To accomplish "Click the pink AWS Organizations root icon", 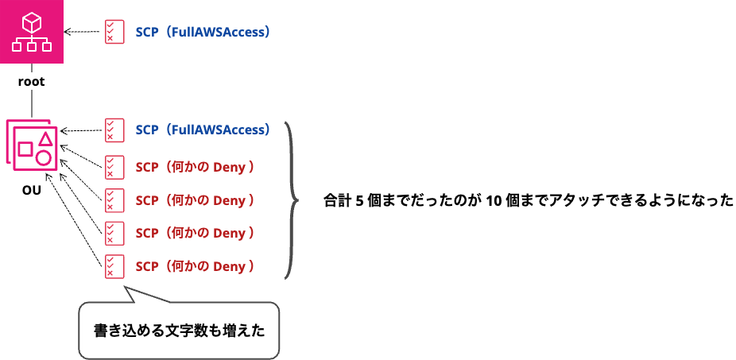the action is point(32,32).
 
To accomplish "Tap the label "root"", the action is point(32,82).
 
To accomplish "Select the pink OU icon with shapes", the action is point(33,145).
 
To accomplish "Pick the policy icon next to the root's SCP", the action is point(114,32).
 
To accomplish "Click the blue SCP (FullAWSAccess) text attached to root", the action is point(203,32).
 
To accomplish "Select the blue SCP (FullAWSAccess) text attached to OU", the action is point(203,130).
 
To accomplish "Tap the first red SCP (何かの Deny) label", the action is point(195,167).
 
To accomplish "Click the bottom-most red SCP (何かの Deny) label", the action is point(195,266).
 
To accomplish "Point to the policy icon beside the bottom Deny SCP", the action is point(114,266).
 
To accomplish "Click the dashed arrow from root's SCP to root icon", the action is point(82,32).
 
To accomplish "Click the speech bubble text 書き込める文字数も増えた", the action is point(180,331).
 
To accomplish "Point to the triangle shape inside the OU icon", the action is point(45,138).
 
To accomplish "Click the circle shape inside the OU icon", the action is point(44,157).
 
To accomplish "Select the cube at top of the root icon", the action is point(32,21).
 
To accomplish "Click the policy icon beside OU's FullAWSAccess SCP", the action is point(114,130).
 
